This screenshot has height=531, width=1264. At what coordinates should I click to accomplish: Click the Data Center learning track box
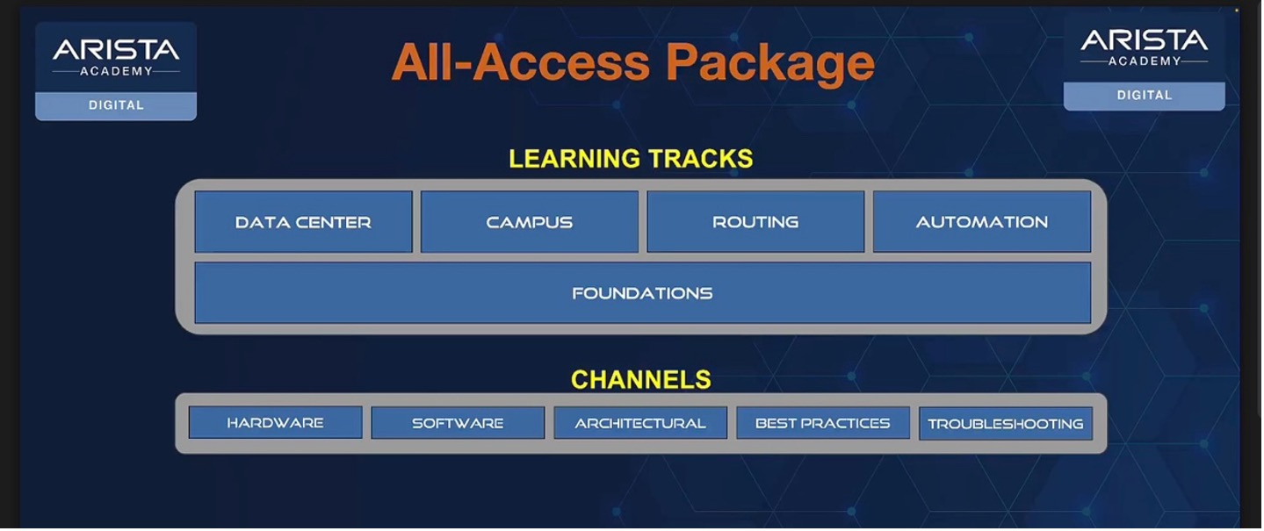click(x=304, y=221)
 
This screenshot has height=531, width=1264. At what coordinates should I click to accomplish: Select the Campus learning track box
click(x=530, y=221)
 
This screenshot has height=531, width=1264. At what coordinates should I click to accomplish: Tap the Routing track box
click(x=755, y=221)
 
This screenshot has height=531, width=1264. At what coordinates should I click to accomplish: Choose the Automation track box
click(x=982, y=221)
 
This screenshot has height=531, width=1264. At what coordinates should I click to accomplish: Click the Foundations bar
click(x=643, y=292)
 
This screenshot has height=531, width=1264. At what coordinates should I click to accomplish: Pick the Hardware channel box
click(x=275, y=422)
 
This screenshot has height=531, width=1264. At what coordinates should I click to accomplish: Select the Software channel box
click(x=458, y=423)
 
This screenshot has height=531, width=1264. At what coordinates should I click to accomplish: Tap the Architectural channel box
click(x=640, y=423)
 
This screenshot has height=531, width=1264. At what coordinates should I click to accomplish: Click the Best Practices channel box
click(x=823, y=423)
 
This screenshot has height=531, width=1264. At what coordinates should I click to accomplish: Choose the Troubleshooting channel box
click(x=1006, y=423)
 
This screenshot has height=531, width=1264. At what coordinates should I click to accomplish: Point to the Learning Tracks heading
click(x=631, y=158)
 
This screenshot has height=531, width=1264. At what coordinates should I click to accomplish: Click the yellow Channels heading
click(x=641, y=379)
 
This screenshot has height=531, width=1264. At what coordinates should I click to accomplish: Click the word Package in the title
click(x=770, y=63)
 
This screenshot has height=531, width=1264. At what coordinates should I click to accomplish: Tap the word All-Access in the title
click(x=521, y=62)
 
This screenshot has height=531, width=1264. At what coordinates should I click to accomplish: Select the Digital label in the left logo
click(x=116, y=104)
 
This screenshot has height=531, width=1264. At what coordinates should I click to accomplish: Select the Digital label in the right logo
click(x=1145, y=96)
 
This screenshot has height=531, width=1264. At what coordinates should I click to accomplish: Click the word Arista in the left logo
click(x=116, y=50)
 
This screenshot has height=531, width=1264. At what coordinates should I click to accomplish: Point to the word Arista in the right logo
click(x=1145, y=40)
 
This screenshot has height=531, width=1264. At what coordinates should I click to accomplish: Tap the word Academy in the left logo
click(x=116, y=71)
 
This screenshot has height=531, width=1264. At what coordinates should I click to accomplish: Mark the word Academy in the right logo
click(x=1145, y=61)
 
